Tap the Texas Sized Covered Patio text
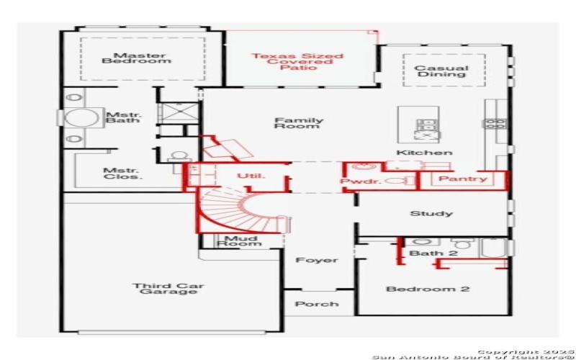[297, 61]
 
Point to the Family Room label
[299, 123]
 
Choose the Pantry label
[462, 179]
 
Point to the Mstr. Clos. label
[123, 173]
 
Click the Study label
[431, 213]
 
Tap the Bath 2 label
[424, 253]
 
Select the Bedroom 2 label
[428, 289]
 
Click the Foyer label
[317, 260]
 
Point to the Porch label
[317, 304]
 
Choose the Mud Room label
[240, 240]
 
